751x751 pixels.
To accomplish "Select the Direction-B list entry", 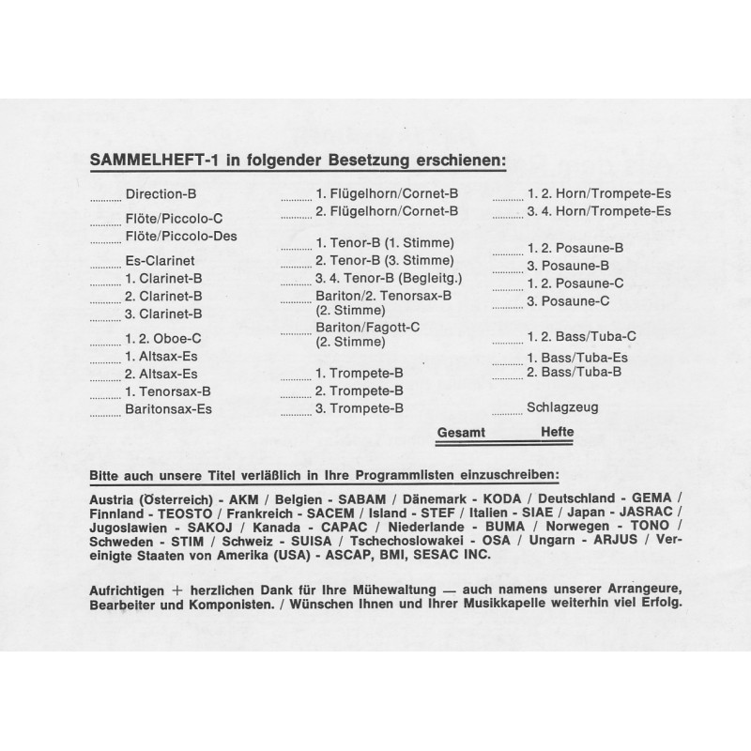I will pos(161,194).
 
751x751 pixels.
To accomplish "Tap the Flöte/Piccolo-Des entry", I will pos(180,236).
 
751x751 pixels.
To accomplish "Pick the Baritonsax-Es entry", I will pos(168,408).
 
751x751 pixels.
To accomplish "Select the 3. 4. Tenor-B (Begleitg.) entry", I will pos(391,278).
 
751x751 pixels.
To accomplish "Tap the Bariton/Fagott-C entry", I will pos(367,327).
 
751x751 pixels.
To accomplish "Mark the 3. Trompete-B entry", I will pos(360,408).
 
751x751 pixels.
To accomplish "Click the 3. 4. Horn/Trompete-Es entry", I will pos(599,211).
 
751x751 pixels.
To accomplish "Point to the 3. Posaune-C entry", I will pos(569,300).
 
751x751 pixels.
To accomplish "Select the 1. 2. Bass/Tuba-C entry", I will pos(582,335).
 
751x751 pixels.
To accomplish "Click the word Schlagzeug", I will pos(562,407).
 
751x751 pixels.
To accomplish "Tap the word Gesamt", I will pos(462,432).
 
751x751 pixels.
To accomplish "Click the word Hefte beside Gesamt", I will pos(557,432).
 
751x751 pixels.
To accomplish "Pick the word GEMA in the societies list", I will pos(651,497).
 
